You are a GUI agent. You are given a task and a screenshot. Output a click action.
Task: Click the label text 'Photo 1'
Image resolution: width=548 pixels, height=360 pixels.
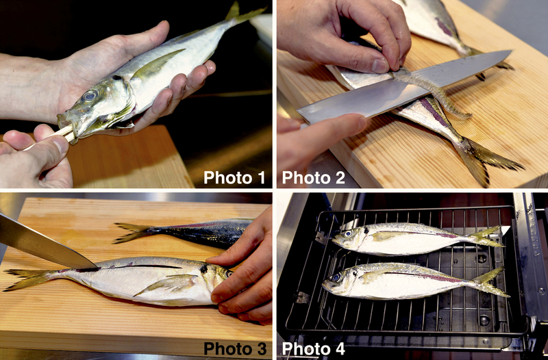(x=234, y=177)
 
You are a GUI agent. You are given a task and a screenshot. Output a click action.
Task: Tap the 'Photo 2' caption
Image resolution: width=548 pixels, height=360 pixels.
(x=314, y=177)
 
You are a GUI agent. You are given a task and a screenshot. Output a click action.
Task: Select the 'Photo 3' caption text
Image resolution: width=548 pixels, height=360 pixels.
(x=235, y=348)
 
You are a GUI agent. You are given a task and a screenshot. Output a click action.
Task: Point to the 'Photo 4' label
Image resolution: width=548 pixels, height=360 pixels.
(x=314, y=348)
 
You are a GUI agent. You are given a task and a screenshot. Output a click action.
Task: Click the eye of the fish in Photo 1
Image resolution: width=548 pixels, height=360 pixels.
(x=90, y=95)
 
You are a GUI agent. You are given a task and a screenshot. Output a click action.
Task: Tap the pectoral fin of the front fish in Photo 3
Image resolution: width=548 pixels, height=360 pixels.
(x=168, y=283)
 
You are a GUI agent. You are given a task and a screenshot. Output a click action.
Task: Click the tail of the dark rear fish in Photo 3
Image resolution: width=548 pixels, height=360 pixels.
(x=134, y=232)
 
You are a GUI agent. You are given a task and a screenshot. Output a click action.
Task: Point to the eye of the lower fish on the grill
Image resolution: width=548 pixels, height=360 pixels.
(x=336, y=278)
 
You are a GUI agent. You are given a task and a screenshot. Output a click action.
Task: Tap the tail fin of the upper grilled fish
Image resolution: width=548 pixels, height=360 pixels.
(x=488, y=237)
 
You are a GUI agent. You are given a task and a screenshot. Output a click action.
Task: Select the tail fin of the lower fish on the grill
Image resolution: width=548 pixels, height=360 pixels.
(x=491, y=282)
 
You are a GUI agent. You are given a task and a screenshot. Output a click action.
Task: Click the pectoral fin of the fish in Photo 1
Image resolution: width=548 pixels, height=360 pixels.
(x=158, y=63)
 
